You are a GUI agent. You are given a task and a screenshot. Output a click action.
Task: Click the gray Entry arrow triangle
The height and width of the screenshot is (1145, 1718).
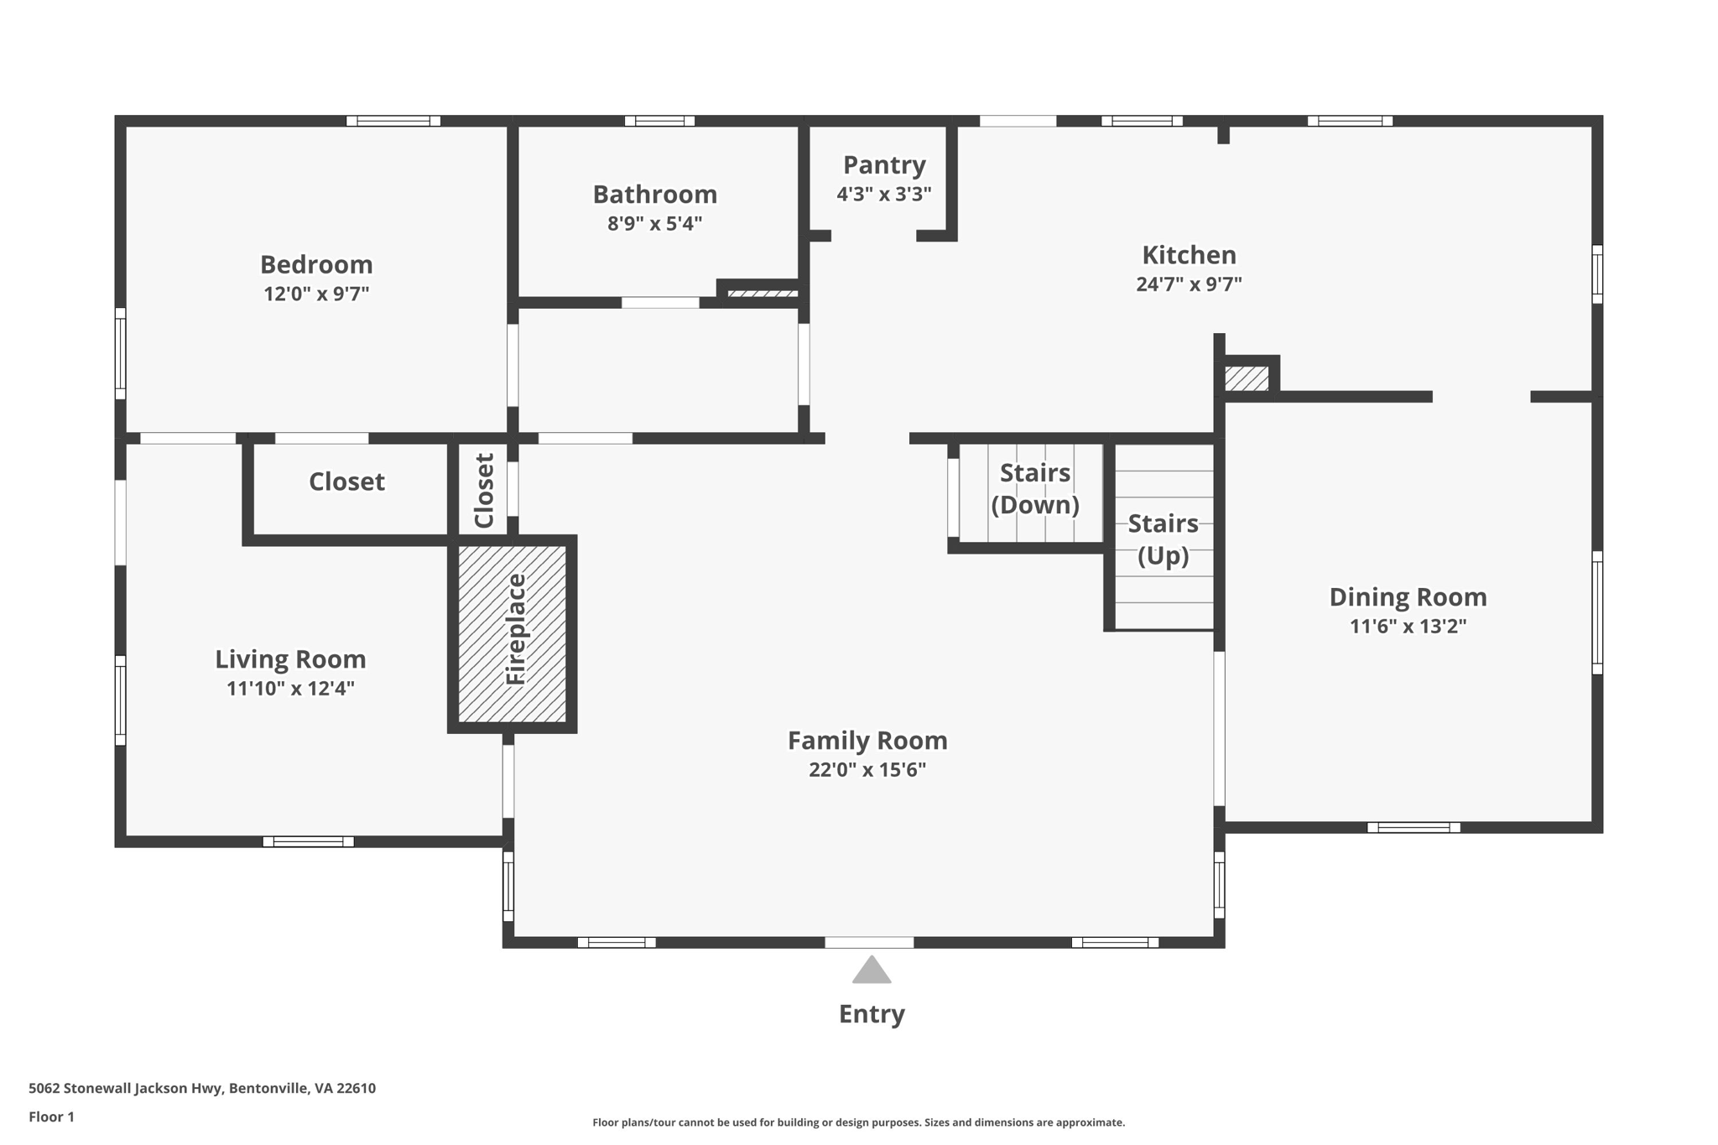coord(871,971)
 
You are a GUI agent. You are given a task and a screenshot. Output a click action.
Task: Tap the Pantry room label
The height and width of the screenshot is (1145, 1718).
coord(884,165)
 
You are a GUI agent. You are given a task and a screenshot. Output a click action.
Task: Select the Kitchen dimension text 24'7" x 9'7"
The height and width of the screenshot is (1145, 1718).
coord(1189,284)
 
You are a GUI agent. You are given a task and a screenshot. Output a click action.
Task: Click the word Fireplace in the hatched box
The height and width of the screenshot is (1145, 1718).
coord(515,629)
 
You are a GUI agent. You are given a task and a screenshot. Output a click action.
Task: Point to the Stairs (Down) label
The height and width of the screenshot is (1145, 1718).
coord(1034,488)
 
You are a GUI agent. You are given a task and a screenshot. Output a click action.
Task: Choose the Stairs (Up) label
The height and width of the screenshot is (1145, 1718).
coord(1163,539)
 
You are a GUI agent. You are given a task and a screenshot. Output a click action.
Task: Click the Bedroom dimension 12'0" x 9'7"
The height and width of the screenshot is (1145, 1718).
coord(316,294)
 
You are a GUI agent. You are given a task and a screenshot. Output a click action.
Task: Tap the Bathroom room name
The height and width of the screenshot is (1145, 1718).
coord(654,195)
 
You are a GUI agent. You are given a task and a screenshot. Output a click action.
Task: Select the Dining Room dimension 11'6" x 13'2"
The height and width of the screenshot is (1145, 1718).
coord(1408,627)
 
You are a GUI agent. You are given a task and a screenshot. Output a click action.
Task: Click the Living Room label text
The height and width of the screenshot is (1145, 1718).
coord(290,659)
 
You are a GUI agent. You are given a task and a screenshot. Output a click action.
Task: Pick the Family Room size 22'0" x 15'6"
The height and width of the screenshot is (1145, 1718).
coord(867,770)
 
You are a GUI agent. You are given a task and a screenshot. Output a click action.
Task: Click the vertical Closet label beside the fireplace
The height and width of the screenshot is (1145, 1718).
coord(485,491)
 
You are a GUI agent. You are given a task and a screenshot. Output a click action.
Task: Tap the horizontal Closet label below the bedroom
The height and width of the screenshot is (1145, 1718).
coord(346,481)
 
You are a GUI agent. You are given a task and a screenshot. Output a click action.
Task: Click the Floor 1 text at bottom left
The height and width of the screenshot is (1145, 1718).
coord(51,1116)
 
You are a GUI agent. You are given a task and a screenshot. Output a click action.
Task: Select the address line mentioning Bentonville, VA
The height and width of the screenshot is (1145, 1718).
coord(202,1088)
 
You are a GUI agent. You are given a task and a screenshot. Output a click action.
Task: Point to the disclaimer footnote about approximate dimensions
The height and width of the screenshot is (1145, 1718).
coord(858,1122)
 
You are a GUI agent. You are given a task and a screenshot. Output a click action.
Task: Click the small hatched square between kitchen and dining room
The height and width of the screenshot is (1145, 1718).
coord(1246,378)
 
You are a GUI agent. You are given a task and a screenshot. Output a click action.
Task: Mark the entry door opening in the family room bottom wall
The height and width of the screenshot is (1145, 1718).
coord(869,943)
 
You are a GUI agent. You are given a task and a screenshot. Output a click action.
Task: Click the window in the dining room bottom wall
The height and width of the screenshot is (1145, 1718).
coord(1413,828)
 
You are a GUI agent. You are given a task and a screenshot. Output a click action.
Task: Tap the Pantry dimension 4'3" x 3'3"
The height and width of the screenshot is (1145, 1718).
coord(883,195)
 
